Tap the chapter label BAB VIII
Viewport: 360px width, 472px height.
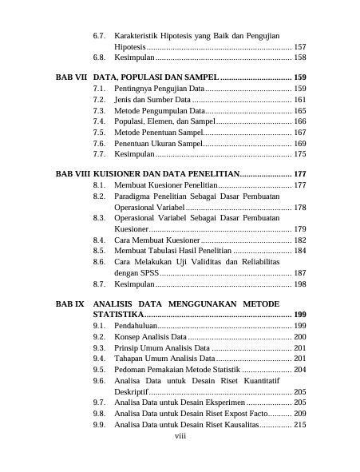[x=71, y=173]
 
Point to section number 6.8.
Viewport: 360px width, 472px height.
[x=100, y=58]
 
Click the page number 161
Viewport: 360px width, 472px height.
[x=300, y=100]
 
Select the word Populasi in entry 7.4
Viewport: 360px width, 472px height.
[x=130, y=121]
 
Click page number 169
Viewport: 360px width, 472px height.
[x=300, y=143]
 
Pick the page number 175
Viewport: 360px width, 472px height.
[x=300, y=153]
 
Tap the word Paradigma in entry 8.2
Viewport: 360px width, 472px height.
[x=133, y=196]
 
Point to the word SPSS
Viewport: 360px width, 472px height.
[x=148, y=272]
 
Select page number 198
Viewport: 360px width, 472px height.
[x=300, y=284]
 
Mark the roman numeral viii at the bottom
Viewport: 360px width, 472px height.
[x=180, y=437]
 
